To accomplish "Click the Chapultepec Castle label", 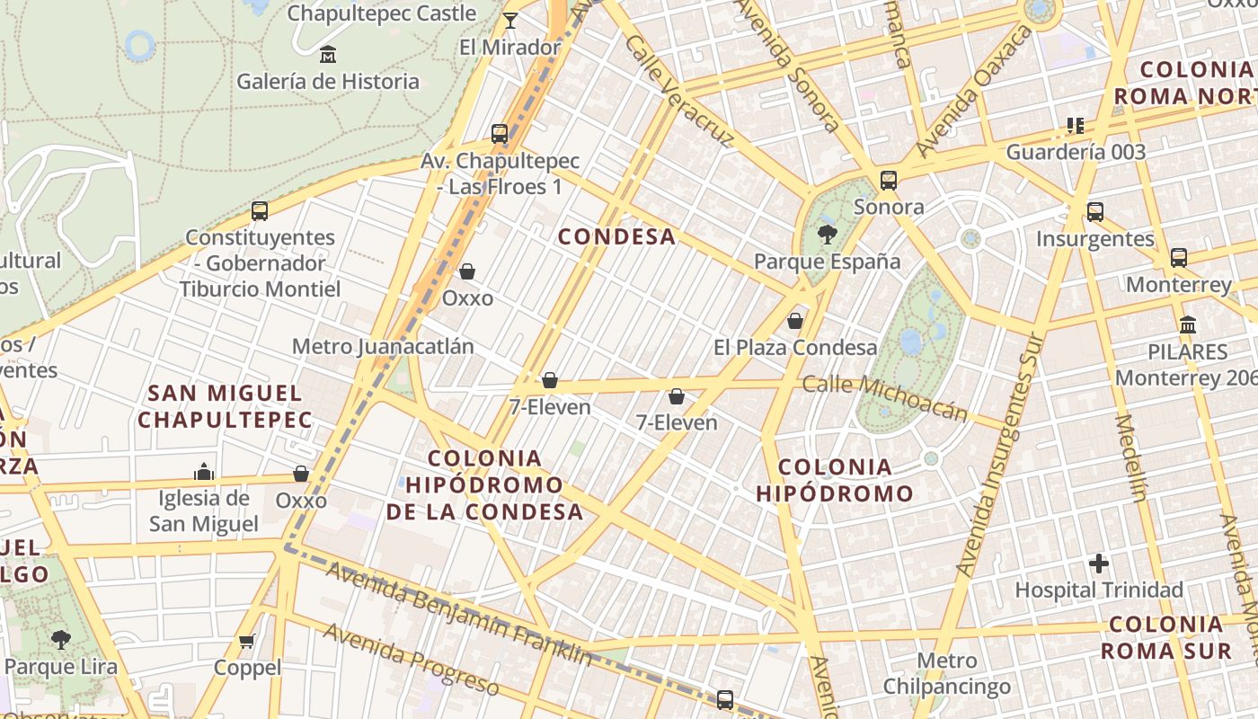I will click(x=381, y=13).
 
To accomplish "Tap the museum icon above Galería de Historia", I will click(x=328, y=55).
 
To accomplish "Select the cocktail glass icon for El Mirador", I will click(x=510, y=20).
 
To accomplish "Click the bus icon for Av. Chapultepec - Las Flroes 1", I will click(x=500, y=134).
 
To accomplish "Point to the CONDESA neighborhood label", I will click(x=616, y=236).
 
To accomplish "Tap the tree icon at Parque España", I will click(x=827, y=235).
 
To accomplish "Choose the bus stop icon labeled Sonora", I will click(x=889, y=181).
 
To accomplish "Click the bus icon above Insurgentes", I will click(x=1094, y=212).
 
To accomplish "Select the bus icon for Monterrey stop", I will click(x=1179, y=258).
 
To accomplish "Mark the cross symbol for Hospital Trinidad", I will click(x=1099, y=564).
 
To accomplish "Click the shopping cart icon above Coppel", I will click(x=247, y=641).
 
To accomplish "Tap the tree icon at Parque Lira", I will click(x=61, y=640).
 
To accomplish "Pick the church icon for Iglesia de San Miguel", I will click(x=204, y=472).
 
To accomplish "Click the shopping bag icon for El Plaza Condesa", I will click(x=795, y=321).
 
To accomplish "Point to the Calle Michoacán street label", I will click(x=885, y=397).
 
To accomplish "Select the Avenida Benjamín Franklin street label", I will click(x=458, y=613).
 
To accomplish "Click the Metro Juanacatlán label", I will click(x=383, y=346).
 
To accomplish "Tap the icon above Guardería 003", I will click(x=1076, y=125).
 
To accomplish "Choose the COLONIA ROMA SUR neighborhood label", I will click(x=1166, y=637).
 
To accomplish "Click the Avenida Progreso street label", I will click(x=411, y=659).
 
